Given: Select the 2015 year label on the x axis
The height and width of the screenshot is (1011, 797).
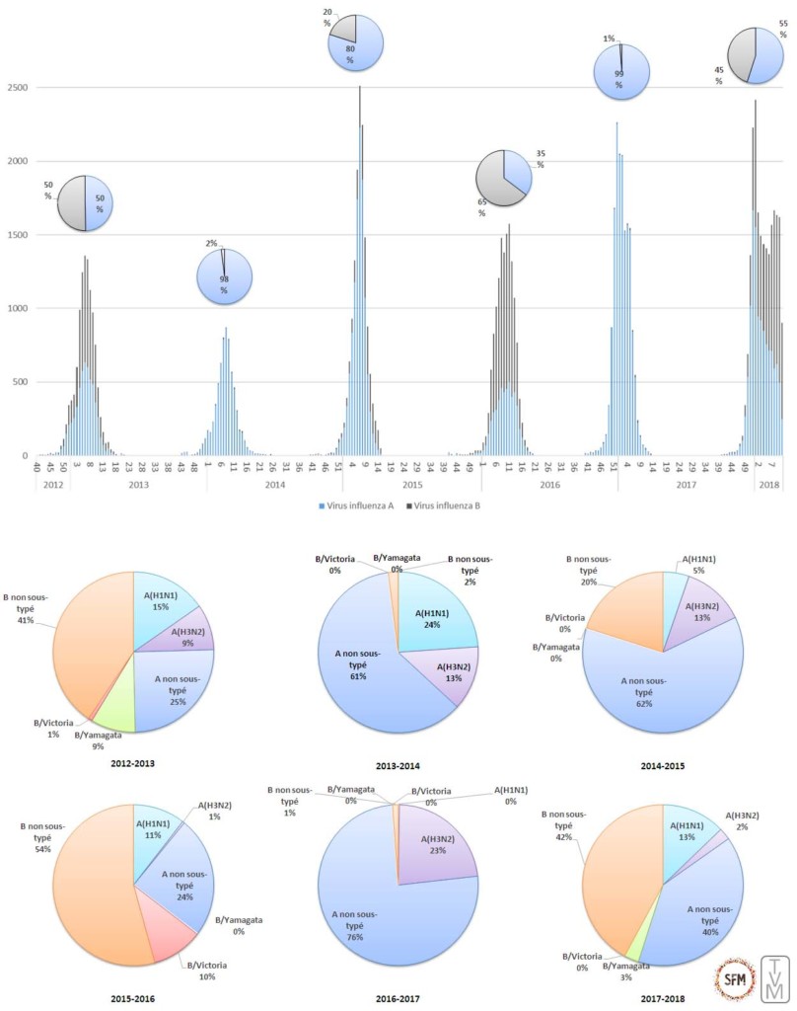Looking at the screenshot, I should click(x=412, y=486).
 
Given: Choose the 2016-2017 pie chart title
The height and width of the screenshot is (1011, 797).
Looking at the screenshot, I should click(x=398, y=999).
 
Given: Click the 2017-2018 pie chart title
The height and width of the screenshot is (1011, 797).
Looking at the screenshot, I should click(x=663, y=999).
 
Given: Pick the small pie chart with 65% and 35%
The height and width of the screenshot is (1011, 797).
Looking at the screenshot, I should click(x=503, y=178).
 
